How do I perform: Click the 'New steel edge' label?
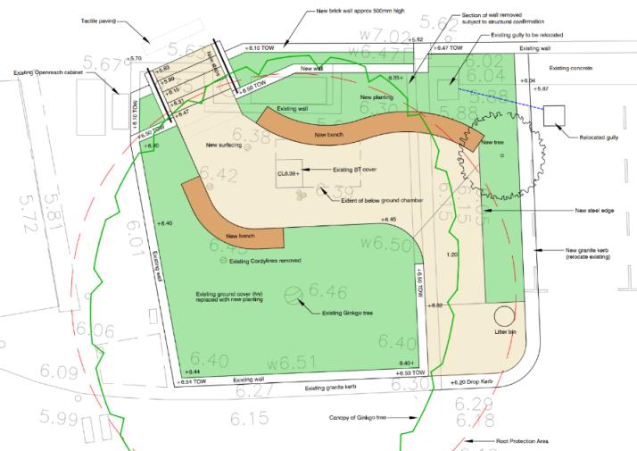tap(593, 210)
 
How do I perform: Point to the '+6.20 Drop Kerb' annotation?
tap(473, 381)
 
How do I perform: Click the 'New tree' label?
tap(492, 143)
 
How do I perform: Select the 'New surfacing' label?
tap(225, 146)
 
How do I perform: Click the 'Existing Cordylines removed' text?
tap(265, 261)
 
